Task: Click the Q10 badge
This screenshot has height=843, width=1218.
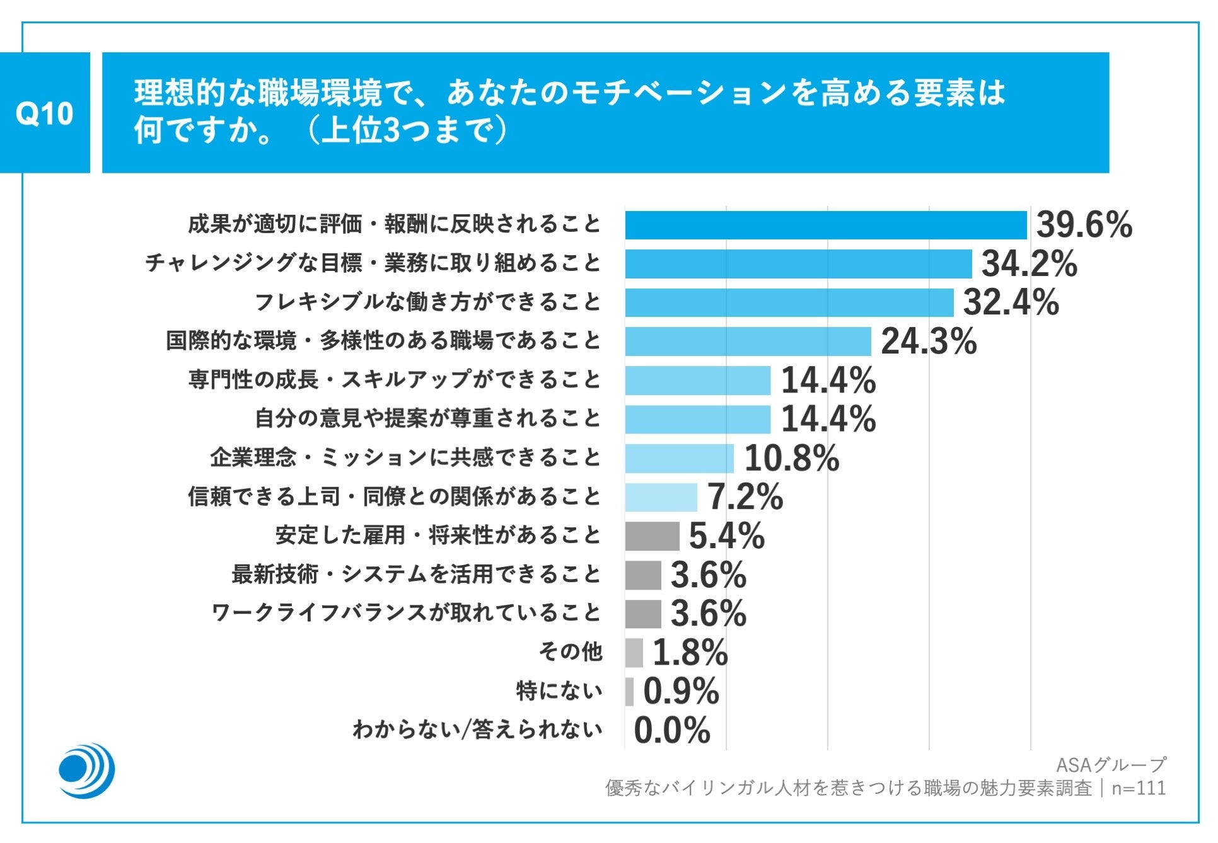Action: coord(45,113)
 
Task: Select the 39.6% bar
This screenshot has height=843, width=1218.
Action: coord(826,225)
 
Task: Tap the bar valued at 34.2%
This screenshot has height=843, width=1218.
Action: coord(798,264)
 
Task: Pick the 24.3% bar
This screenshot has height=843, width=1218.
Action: coord(748,341)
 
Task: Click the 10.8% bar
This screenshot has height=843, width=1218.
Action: coord(679,458)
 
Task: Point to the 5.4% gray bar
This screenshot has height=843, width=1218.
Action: coord(652,536)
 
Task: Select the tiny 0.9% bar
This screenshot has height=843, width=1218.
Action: coord(629,691)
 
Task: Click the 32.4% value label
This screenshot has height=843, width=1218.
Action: coord(1011,302)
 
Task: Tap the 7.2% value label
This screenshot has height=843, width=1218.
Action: coord(745,497)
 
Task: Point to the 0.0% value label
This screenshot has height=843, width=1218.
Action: coord(672,730)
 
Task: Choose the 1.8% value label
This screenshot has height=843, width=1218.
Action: coord(690,653)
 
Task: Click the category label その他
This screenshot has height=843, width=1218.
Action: coord(570,651)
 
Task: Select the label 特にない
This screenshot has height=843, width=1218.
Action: coord(559,691)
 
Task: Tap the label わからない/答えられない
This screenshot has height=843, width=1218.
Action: coord(477,730)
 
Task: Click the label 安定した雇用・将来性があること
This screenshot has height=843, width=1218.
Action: coord(438,536)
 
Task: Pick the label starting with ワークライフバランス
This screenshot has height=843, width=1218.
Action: coord(406,613)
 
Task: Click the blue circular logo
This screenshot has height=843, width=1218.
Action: coord(86,771)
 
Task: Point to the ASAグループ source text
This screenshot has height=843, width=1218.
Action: coord(1110,765)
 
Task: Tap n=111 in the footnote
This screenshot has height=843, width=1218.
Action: coord(1139,788)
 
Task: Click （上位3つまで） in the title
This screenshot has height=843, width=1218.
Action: coord(406,131)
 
